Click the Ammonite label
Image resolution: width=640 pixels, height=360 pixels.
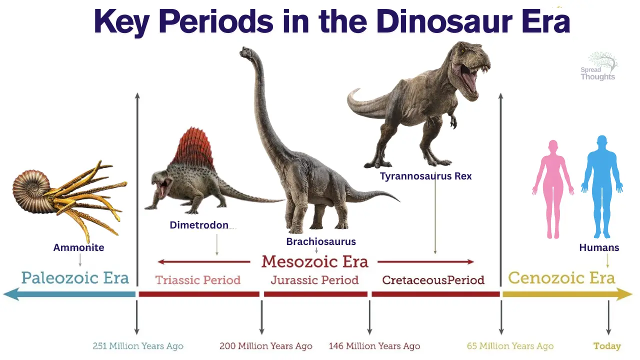(x=78, y=247)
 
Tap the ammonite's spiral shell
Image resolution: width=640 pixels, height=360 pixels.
(x=31, y=190)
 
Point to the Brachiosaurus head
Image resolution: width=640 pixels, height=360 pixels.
(x=247, y=53)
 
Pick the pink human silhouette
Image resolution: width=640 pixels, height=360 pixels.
(x=553, y=189)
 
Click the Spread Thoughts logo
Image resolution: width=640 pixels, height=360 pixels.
(x=599, y=66)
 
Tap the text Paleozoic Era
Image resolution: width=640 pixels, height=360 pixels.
(x=75, y=278)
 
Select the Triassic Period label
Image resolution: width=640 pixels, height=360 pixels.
(x=198, y=280)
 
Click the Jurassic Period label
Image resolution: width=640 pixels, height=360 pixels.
(x=314, y=280)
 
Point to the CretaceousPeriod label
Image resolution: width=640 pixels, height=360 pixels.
(x=433, y=280)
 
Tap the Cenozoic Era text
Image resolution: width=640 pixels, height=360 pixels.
(x=561, y=277)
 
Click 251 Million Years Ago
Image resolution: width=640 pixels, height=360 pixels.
(x=138, y=346)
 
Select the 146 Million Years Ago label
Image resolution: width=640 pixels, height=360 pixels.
(x=374, y=346)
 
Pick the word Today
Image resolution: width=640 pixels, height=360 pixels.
(x=607, y=346)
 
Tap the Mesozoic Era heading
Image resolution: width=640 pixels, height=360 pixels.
(x=315, y=261)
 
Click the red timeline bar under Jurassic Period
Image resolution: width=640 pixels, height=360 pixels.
(x=315, y=294)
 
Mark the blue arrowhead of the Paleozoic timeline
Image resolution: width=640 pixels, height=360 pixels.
(x=11, y=294)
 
